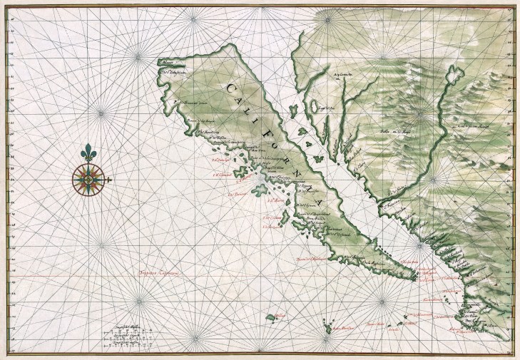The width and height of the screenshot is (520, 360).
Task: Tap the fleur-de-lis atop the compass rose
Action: point(88,153)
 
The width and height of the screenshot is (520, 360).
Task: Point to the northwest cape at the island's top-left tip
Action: point(162,61)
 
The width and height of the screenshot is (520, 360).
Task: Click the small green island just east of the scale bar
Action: point(272,316)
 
